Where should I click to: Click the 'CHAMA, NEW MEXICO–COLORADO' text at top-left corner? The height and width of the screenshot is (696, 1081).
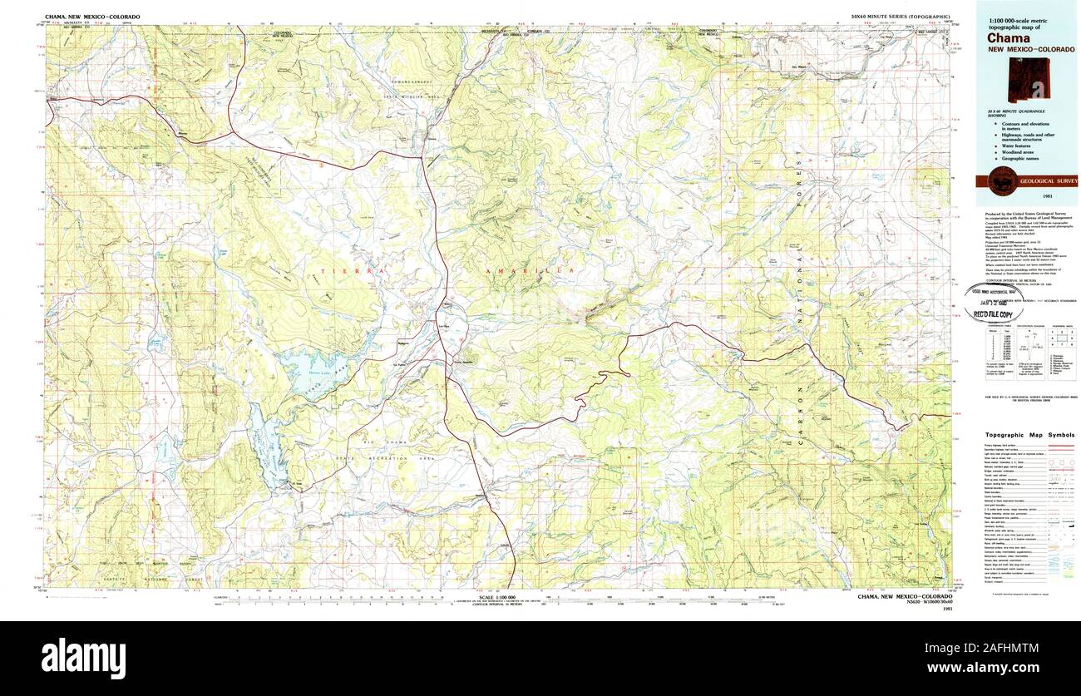(93, 17)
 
